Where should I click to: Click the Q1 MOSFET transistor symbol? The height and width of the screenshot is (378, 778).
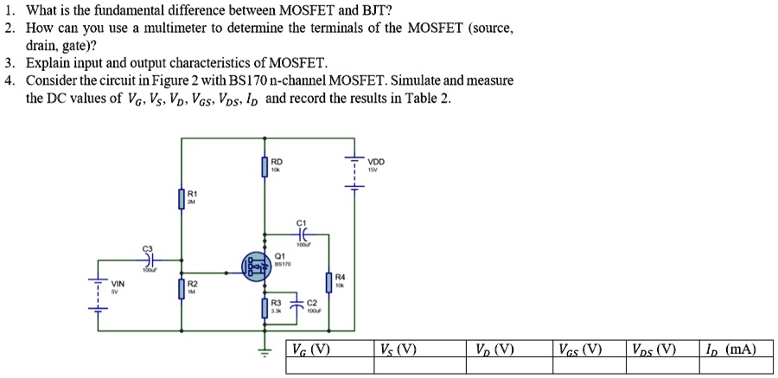tap(258, 266)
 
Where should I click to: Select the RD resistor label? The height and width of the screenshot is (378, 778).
tap(276, 161)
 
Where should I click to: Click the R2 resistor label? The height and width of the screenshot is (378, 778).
tap(192, 283)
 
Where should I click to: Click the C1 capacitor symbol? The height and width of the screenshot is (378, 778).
tap(300, 234)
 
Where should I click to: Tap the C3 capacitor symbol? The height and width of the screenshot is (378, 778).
tap(148, 259)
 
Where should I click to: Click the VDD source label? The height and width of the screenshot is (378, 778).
tap(376, 162)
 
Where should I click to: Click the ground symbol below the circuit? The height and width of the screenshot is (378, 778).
tap(266, 350)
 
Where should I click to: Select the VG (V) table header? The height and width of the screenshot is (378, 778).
tap(310, 350)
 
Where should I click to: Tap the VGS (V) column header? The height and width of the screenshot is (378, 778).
tap(580, 350)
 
